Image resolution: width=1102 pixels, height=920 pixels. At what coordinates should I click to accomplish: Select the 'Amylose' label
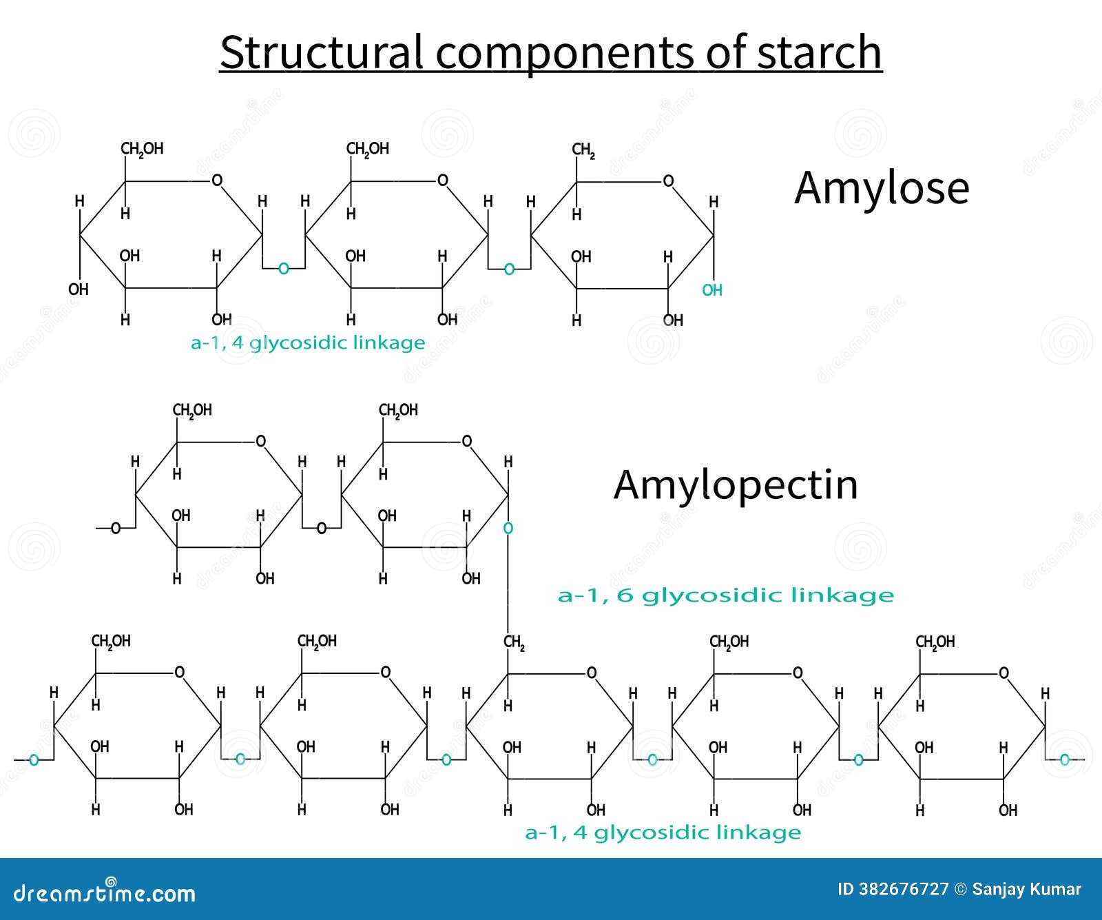pos(881,187)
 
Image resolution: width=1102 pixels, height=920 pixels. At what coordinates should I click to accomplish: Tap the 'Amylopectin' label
pos(736,484)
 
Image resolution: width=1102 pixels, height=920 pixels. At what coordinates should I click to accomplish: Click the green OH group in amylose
pos(711,290)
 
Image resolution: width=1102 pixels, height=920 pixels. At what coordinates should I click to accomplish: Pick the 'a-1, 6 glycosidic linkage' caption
pos(725,595)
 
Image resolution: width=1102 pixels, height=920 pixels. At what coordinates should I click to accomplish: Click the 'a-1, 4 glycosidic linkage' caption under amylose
pos(308,343)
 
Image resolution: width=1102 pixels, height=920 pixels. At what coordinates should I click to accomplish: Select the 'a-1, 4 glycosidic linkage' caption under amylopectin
pos(663,832)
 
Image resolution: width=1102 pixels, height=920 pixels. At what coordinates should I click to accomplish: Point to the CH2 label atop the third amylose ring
pos(583,150)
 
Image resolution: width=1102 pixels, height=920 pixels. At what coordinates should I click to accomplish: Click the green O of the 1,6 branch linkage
pos(508,529)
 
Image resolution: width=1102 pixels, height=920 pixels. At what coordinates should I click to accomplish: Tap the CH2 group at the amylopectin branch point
pos(514,643)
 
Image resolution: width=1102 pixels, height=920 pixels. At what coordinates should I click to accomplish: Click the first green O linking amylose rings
pos(283,269)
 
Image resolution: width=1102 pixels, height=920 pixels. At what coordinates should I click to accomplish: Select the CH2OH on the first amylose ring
pos(142,149)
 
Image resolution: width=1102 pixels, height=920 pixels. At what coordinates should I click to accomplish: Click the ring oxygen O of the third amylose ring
pos(667,181)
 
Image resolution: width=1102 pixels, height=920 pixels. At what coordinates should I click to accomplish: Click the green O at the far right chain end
pos(1065,760)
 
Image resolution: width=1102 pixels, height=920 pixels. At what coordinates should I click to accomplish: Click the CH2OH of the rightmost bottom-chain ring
pos(935,642)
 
